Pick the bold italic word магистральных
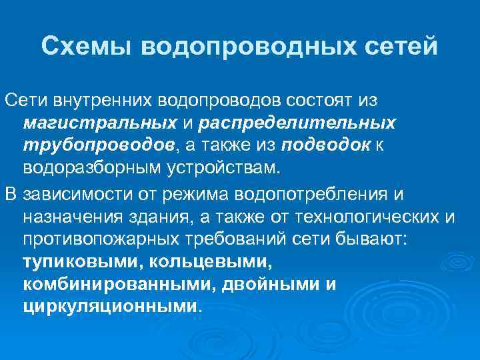[99, 123]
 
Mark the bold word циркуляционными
[111, 307]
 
